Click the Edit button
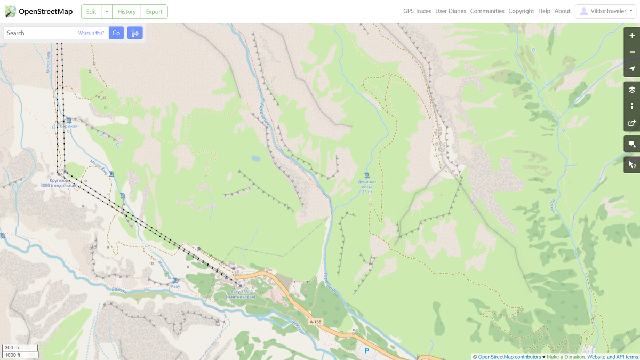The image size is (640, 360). [91, 11]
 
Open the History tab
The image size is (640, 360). [126, 11]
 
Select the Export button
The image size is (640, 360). [154, 11]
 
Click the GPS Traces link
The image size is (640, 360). [417, 11]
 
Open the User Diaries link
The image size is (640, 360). [450, 11]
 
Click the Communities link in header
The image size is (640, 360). [487, 11]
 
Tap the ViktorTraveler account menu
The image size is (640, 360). [605, 11]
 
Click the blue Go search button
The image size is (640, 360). [116, 33]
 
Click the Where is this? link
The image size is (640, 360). [91, 33]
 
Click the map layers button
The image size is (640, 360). [632, 90]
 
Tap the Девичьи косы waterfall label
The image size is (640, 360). [366, 185]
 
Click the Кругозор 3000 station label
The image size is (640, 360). [60, 183]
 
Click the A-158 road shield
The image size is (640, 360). [316, 322]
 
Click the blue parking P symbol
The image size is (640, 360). [366, 351]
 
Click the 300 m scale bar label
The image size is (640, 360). [12, 348]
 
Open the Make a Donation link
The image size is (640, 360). [566, 357]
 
